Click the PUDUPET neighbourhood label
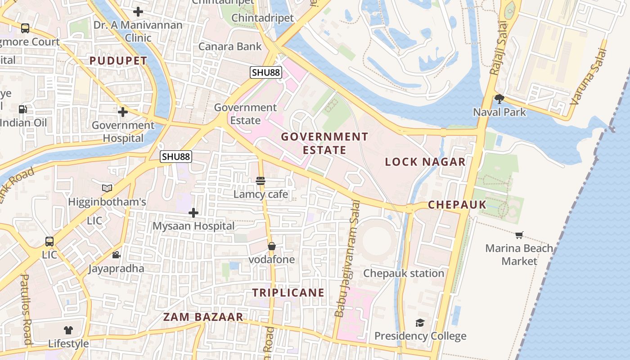coord(118,61)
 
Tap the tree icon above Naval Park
coord(499,99)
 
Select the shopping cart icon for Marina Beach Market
coord(519,235)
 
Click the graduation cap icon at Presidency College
coord(420,323)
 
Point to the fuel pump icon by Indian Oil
coord(22,109)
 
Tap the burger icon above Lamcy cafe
coord(261,181)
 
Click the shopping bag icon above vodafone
coord(272,246)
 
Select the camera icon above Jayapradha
coord(116,255)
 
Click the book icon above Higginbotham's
coord(107,188)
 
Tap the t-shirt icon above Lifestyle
coord(68,330)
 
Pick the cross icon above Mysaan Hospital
coord(193,212)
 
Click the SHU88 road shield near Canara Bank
coord(266,72)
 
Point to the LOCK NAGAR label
coord(425,162)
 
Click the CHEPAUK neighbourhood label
coord(457,205)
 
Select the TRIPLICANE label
coord(288,292)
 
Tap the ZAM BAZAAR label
coord(203,317)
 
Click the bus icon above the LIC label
coord(49,242)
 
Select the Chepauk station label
coord(404,273)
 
